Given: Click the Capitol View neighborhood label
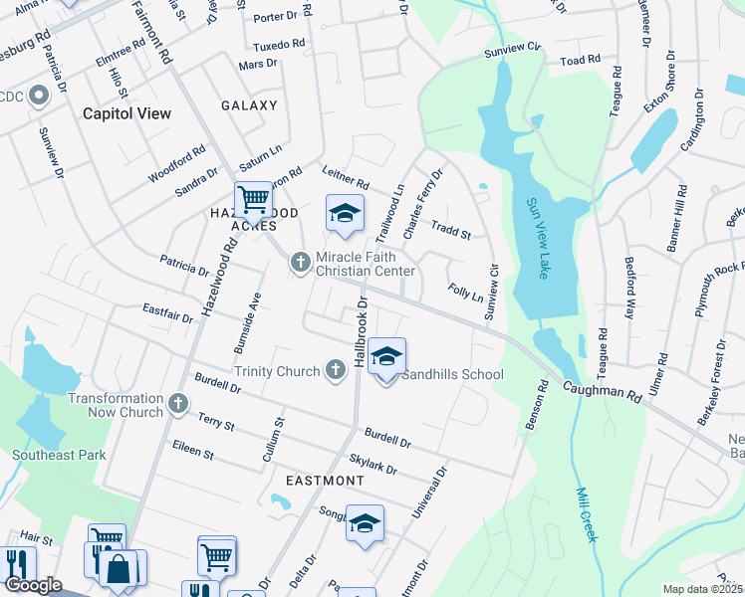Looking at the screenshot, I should click(x=126, y=113).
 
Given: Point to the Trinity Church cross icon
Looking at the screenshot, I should click(x=336, y=371).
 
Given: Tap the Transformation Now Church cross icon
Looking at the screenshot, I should click(x=177, y=403).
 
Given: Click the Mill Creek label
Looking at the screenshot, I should click(x=587, y=513).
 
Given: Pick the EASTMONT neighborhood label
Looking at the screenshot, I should click(x=325, y=480).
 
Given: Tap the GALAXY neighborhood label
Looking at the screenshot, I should click(x=249, y=105).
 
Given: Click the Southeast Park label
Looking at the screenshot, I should click(x=59, y=455).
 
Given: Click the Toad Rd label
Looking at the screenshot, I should click(x=581, y=60).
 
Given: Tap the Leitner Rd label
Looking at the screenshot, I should click(x=346, y=178).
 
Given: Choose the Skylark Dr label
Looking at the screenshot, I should click(x=373, y=464).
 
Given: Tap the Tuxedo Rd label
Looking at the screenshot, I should click(x=278, y=46).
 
